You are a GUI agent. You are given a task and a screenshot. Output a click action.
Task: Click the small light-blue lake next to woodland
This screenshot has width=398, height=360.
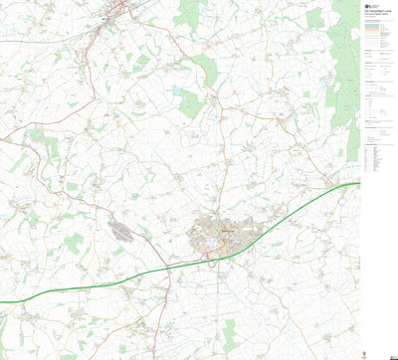(177, 90)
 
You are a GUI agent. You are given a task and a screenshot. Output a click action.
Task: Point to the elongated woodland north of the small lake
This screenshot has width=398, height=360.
(205, 68)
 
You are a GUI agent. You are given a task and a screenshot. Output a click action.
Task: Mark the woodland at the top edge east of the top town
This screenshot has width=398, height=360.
(189, 12)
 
